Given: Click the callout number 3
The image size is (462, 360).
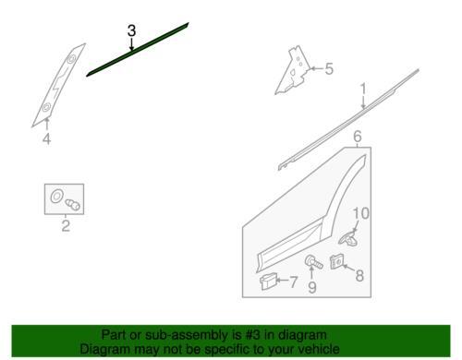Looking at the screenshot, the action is (131, 30).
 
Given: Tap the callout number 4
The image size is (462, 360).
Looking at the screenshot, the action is (46, 138).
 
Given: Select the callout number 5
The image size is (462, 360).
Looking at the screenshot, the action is (329, 69).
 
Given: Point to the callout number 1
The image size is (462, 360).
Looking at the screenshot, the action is (363, 89).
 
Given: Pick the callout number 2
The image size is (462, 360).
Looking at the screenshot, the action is (66, 226).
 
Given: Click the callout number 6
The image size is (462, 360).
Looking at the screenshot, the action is (358, 137).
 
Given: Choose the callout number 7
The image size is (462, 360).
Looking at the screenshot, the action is (294, 282).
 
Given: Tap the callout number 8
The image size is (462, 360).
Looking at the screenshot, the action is (359, 275).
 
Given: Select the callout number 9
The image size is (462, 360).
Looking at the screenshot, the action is (312, 287).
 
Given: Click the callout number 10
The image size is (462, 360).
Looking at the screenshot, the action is (360, 213).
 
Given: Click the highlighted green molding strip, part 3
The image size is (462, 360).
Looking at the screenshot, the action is (138, 49).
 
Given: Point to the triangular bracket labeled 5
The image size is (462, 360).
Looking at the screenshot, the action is (293, 71).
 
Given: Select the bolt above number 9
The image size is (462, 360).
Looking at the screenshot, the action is (313, 262).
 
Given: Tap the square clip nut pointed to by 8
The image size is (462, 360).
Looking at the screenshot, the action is (337, 262).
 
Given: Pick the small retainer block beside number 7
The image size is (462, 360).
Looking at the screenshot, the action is (267, 282).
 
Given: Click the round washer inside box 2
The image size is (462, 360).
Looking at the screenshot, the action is (56, 196).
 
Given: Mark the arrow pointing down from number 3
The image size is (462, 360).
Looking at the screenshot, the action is (131, 44).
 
